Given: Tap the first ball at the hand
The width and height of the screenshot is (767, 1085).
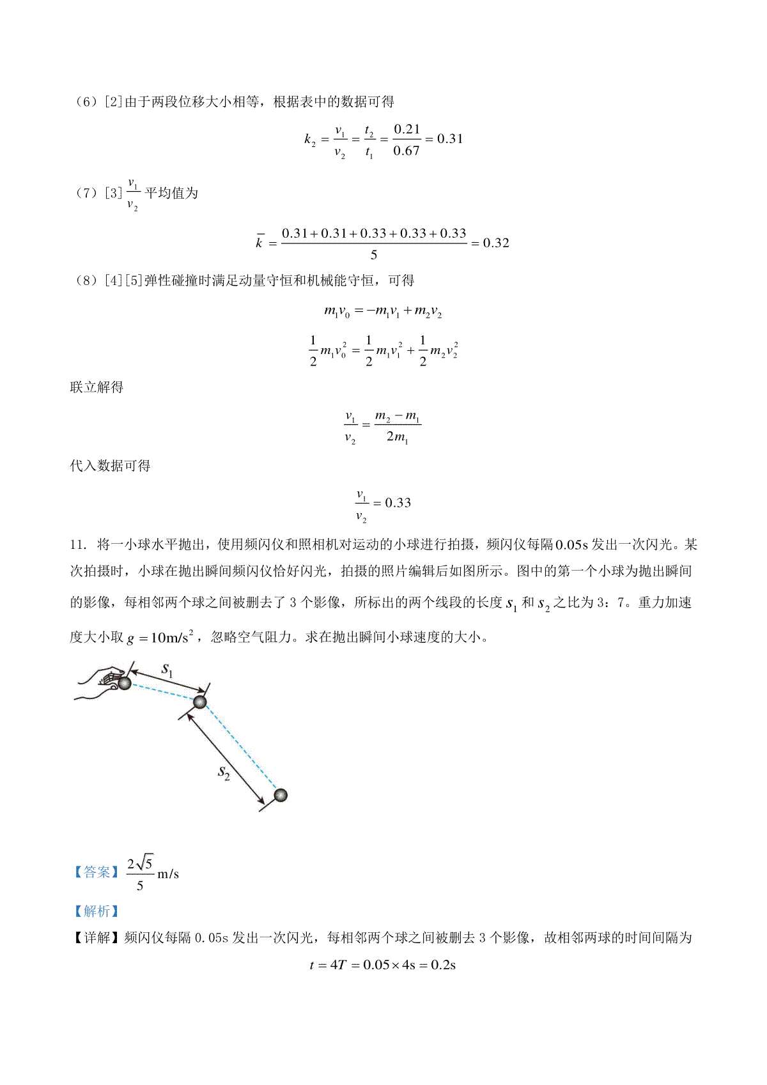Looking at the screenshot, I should pos(125,683).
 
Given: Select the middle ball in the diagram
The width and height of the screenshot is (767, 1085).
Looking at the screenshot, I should pos(200,702).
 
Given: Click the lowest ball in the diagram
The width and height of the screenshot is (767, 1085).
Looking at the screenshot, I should pos(280,795).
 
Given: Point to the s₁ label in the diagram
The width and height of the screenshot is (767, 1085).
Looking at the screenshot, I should pos(167,669).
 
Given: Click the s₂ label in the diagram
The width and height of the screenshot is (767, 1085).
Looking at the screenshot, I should pos(224,773).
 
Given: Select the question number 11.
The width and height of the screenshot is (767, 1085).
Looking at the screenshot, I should pos(78,545).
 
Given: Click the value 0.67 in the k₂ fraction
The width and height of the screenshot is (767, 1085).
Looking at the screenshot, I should pos(407,151).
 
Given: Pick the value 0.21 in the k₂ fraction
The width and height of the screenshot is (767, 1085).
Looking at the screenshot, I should pos(407,129).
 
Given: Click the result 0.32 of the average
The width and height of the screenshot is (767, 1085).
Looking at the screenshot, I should pos(496,243).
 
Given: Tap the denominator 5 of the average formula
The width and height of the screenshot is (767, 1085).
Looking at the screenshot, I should pos(374,255).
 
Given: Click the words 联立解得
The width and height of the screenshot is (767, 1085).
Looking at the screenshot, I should pos(97,387).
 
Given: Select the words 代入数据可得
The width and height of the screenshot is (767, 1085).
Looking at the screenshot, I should pos(110,466).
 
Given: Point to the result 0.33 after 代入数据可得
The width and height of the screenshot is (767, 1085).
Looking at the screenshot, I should pos(398,503).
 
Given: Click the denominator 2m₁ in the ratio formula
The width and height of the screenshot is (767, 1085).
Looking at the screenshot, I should pos(397,438).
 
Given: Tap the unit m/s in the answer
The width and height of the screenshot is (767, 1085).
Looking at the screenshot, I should pos(168,873).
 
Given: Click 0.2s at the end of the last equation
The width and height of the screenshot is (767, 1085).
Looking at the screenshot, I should pos(443,965).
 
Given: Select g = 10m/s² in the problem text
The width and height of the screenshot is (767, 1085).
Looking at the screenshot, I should pos(160,637).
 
